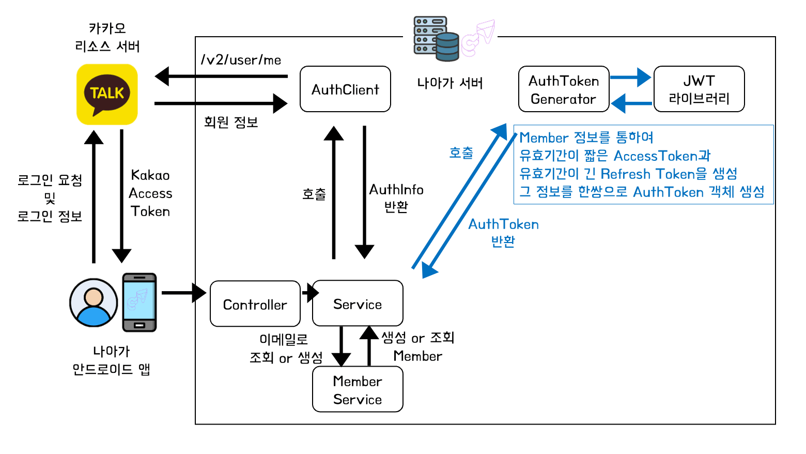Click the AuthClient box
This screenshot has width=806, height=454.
(345, 89)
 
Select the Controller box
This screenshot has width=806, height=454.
(255, 304)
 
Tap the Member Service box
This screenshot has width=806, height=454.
(358, 389)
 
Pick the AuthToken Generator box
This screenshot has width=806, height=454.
(564, 89)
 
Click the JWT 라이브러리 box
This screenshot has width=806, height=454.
(699, 89)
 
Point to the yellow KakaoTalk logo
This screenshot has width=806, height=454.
(107, 94)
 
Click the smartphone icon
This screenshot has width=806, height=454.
(139, 302)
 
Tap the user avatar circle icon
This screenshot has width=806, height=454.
(94, 302)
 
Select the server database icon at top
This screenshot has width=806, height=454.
(437, 39)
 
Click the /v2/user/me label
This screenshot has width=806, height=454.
(241, 60)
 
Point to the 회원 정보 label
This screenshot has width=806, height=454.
(230, 122)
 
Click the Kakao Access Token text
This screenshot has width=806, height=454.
(150, 193)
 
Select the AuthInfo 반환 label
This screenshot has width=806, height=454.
(396, 198)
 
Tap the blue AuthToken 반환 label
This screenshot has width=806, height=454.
(503, 232)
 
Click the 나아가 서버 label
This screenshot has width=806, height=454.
(450, 83)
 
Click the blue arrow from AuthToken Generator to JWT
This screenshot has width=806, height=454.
(630, 78)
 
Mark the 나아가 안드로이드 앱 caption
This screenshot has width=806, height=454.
(111, 360)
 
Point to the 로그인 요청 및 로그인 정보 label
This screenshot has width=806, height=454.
(50, 198)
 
